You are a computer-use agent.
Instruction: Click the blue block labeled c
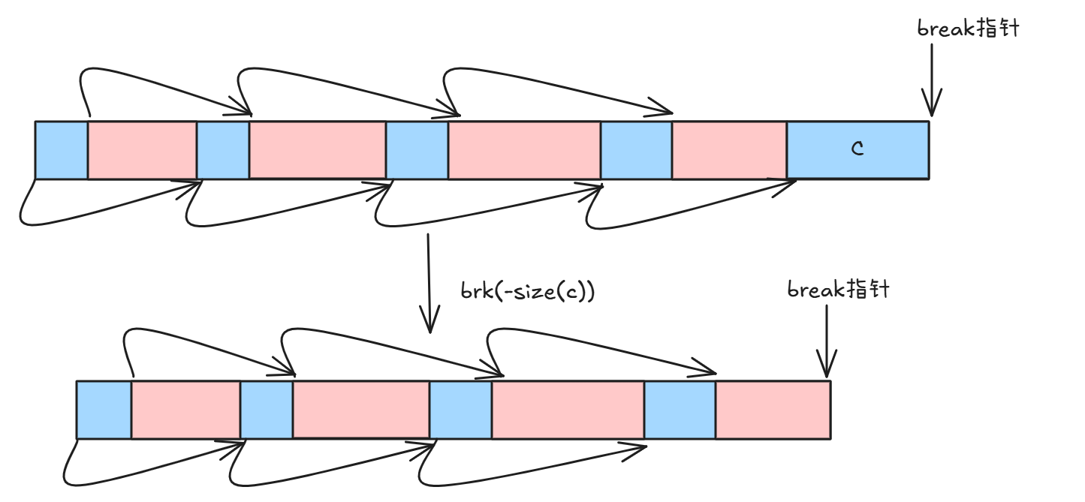[857, 150]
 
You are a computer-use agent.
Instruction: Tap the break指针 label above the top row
[968, 29]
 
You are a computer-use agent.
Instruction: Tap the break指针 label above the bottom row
[838, 289]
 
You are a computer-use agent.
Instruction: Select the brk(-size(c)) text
[528, 291]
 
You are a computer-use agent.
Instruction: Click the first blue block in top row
[62, 150]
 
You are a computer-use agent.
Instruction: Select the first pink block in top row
[142, 150]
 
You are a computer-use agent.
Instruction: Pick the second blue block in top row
[223, 150]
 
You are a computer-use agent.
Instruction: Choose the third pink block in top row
[524, 150]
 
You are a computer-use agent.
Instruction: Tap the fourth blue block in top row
[636, 150]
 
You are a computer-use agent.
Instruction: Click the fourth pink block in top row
[729, 150]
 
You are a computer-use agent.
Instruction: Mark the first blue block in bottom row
[104, 410]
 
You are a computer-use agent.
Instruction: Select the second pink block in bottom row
[360, 410]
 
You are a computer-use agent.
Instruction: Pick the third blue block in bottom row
[460, 410]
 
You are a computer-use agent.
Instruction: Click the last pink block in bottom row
[773, 410]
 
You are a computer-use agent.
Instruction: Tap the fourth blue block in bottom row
[680, 410]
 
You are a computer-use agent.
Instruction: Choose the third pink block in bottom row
[568, 410]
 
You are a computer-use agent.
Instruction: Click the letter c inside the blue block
[857, 149]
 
